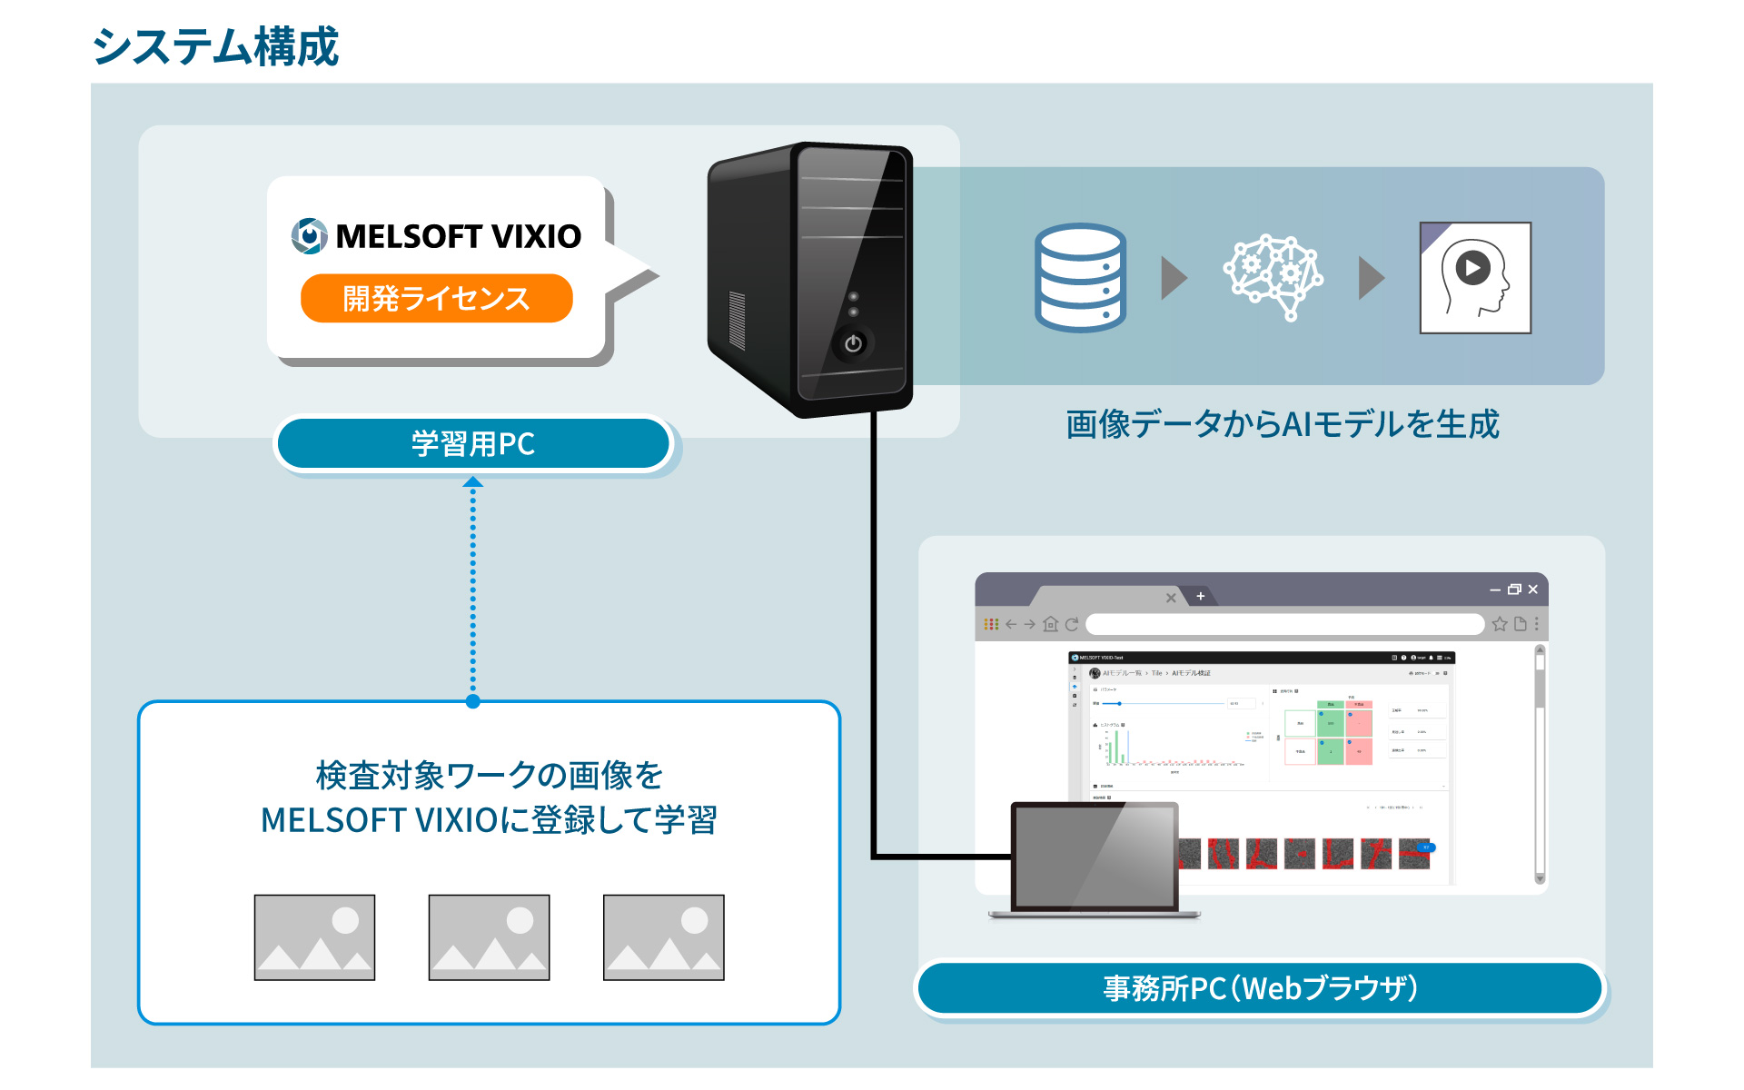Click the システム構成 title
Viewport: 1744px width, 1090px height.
[215, 46]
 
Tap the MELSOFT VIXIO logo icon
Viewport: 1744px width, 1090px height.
[309, 236]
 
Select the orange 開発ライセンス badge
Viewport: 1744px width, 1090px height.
[436, 298]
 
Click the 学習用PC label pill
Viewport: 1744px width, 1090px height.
[473, 443]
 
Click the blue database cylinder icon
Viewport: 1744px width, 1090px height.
[1080, 277]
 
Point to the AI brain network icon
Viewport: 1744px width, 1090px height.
[1273, 277]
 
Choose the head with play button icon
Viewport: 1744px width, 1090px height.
[1475, 278]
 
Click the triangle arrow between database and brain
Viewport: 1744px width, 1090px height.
[1174, 277]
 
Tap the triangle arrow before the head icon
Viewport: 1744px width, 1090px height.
[1371, 277]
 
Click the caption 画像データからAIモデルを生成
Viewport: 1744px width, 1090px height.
[1282, 424]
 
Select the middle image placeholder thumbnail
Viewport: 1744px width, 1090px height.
[489, 936]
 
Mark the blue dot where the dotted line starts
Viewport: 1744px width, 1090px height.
[472, 701]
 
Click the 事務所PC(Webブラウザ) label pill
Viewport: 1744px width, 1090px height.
[1260, 987]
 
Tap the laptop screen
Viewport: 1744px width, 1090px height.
[1095, 857]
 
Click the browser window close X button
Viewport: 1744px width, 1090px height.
[1533, 590]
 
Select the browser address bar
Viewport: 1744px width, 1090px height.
[1284, 624]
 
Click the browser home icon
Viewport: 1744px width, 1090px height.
[1051, 624]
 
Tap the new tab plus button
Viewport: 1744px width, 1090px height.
[1200, 597]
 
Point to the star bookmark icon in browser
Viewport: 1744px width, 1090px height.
[1500, 624]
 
